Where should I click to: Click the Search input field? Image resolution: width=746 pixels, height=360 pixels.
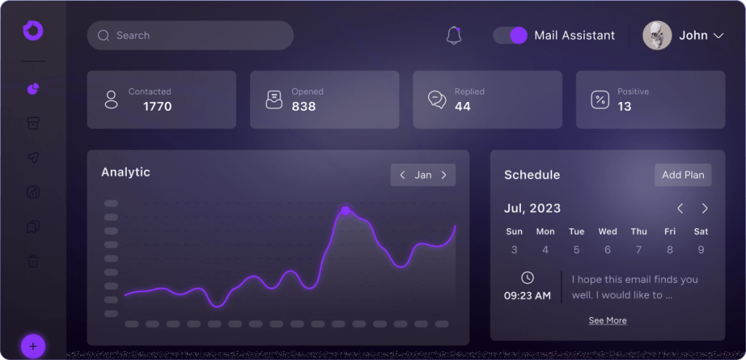click(189, 35)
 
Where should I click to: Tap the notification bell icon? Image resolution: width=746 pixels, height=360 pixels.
click(454, 35)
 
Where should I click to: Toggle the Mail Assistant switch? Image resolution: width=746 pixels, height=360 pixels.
click(510, 35)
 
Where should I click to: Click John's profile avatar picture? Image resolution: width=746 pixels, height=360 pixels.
click(657, 35)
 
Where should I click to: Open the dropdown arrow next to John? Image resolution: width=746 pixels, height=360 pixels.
click(718, 36)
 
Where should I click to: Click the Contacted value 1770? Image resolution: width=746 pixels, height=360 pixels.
click(157, 106)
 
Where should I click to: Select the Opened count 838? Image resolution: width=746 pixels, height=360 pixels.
click(304, 106)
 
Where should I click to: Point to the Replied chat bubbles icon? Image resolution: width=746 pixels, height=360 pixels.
click(437, 100)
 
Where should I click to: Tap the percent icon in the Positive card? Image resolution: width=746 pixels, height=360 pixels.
click(600, 100)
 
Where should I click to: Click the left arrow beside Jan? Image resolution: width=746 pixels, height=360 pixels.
click(403, 175)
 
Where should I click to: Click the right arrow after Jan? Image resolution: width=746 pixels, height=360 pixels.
click(444, 175)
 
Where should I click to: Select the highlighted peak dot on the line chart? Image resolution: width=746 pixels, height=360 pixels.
click(345, 211)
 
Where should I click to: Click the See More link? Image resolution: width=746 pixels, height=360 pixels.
click(608, 321)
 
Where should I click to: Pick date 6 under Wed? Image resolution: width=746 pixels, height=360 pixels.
click(608, 250)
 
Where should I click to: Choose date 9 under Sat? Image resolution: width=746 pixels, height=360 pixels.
click(701, 250)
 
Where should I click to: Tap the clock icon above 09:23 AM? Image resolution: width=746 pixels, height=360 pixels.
click(527, 278)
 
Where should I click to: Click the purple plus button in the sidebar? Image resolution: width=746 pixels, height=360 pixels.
click(34, 345)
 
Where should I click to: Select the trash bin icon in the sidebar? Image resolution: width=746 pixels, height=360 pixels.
click(33, 261)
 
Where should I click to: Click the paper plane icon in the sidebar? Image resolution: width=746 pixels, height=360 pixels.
click(33, 157)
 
